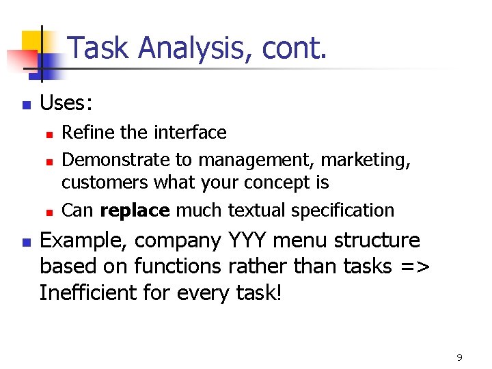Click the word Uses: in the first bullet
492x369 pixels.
66,104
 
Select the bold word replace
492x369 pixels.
135,210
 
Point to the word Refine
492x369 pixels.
83,132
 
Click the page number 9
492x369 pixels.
459,357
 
